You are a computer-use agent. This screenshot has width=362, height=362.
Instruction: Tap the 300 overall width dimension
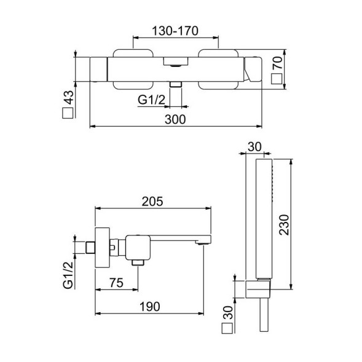tap(175, 120)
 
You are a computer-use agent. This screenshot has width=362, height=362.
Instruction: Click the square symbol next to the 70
tap(278, 78)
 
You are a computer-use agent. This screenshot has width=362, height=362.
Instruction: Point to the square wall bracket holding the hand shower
tap(262, 288)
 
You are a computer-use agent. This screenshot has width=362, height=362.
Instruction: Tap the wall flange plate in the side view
tap(102, 246)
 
